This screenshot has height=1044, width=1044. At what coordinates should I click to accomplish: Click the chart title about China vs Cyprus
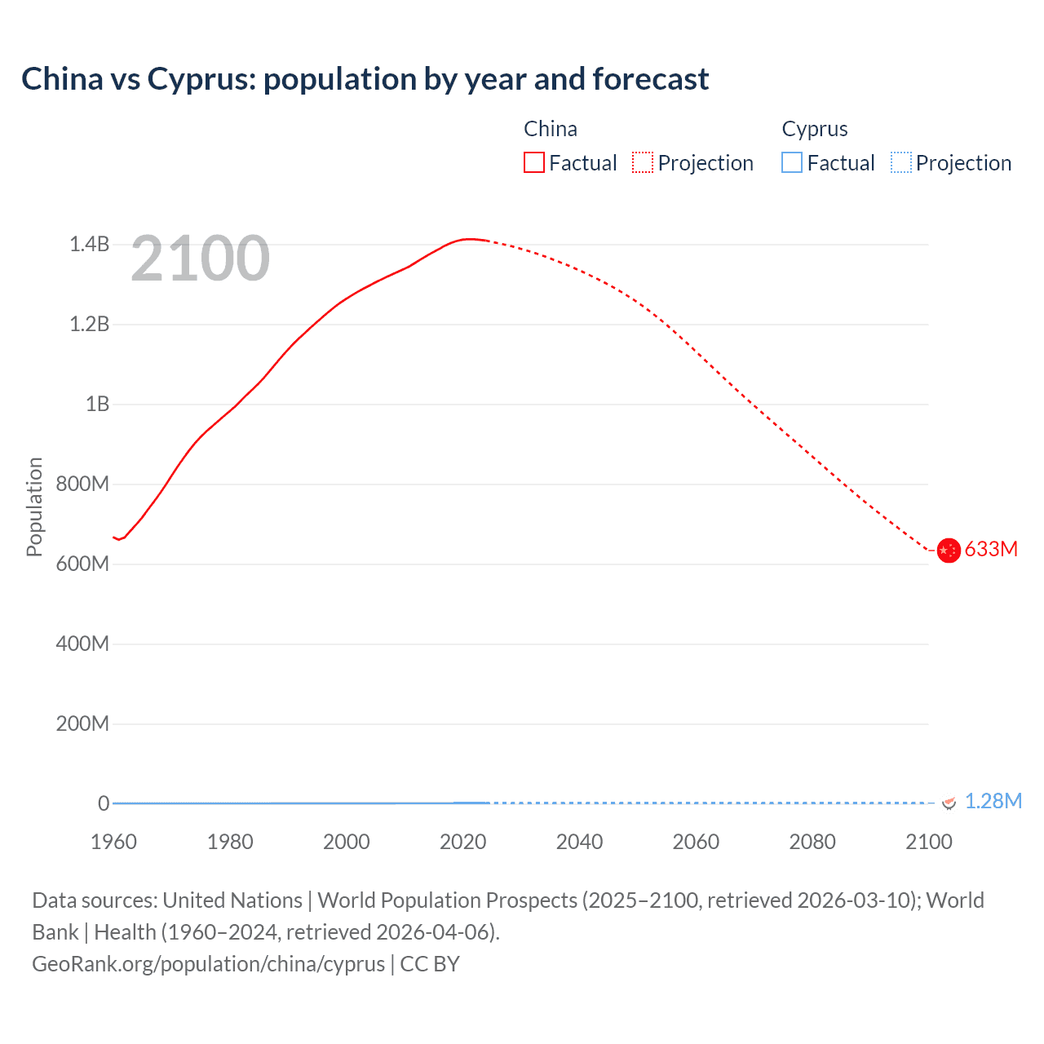[x=365, y=79]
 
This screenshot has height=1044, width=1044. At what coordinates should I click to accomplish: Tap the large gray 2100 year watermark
[x=200, y=259]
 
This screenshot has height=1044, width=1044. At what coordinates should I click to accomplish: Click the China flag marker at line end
[x=948, y=551]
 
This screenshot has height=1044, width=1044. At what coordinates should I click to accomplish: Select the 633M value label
[x=991, y=549]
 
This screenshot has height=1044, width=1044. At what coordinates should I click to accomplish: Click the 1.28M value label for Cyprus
[x=993, y=801]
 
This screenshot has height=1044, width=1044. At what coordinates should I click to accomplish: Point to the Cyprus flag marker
[x=949, y=803]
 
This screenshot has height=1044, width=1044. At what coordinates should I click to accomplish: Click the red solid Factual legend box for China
[x=534, y=162]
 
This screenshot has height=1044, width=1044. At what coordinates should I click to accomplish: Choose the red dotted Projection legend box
[x=643, y=162]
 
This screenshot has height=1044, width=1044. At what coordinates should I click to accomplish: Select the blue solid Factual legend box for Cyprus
[x=792, y=162]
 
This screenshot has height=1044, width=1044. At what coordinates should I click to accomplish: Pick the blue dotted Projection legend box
[x=900, y=162]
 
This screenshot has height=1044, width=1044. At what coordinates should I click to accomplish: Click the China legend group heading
[x=551, y=129]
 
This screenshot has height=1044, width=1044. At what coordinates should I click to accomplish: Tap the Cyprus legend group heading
[x=814, y=129]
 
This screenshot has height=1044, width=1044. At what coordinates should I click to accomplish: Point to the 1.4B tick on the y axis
[x=89, y=244]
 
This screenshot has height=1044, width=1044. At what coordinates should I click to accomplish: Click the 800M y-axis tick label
[x=82, y=484]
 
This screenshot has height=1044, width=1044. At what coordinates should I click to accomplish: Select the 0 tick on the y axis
[x=104, y=803]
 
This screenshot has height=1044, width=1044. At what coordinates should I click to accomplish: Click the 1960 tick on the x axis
[x=113, y=842]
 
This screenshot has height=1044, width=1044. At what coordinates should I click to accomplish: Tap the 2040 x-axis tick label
[x=579, y=842]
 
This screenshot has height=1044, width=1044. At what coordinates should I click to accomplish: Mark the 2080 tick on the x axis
[x=812, y=842]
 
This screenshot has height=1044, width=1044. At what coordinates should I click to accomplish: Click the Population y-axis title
[x=34, y=507]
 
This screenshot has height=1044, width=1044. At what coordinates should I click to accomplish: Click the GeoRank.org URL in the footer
[x=208, y=963]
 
